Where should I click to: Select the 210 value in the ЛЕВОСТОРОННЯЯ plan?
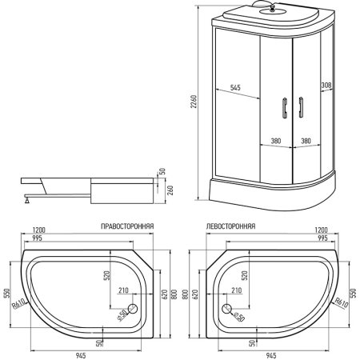coord(236,291)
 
